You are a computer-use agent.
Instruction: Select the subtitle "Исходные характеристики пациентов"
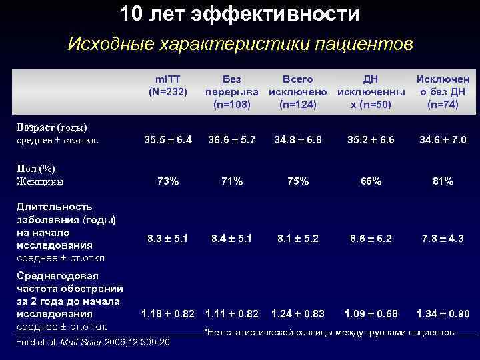coord(240,45)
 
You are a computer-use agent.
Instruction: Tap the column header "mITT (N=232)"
coord(167,85)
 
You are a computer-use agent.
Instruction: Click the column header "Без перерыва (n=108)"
coord(231,92)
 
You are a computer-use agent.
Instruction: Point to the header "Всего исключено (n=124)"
coord(297,92)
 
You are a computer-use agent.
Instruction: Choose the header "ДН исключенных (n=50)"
coord(369,92)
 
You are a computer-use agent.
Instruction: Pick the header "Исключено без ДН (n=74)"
coord(443,92)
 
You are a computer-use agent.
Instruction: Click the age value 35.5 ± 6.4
coord(168,140)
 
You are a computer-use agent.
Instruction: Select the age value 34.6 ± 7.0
coord(443,140)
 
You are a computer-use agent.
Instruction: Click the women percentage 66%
coord(370,181)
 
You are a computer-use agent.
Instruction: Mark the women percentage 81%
coord(443,181)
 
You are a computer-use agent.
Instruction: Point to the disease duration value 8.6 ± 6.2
coord(370,238)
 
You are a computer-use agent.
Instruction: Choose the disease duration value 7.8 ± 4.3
coord(443,238)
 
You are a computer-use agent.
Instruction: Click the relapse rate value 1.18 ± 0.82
coord(168,313)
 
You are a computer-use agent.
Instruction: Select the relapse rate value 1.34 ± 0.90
coord(443,313)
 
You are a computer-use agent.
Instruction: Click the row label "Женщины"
coord(39,181)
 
